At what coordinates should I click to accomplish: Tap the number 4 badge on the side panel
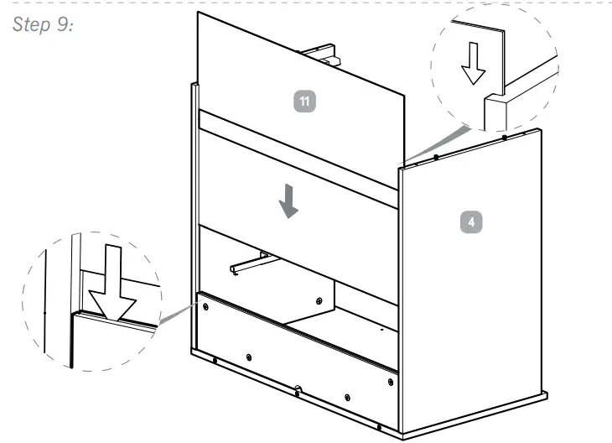click(473, 221)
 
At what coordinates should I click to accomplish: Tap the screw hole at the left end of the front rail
click(205, 308)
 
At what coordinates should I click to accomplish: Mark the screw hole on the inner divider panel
click(319, 300)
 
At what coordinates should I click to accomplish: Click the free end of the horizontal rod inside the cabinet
click(233, 269)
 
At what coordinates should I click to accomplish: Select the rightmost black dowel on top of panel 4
click(503, 137)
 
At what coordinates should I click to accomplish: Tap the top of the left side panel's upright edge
click(195, 85)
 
